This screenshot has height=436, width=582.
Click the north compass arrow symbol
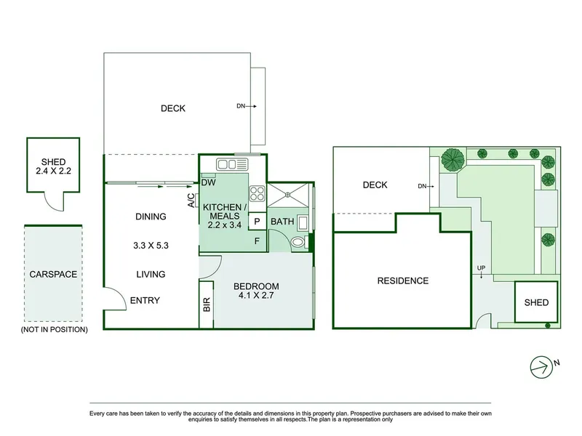tap(541, 367)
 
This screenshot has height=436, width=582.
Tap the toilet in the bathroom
tap(299, 243)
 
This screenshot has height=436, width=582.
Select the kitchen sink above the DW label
tap(232, 164)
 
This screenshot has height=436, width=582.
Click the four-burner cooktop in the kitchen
tap(257, 193)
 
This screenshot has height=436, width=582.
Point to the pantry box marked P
tap(257, 222)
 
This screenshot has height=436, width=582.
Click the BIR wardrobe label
tap(207, 304)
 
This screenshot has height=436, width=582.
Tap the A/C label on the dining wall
tap(191, 201)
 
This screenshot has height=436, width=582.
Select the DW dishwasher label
tap(208, 182)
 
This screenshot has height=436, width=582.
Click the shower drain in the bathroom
tap(287, 194)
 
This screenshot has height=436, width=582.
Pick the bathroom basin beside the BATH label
tap(303, 223)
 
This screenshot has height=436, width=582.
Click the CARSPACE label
tap(53, 275)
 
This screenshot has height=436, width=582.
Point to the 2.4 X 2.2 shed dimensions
tap(53, 171)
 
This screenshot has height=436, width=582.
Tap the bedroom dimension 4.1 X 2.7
tap(256, 296)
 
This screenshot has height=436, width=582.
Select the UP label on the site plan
tap(481, 267)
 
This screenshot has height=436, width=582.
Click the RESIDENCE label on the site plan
tap(403, 281)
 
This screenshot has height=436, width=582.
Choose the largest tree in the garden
tap(453, 160)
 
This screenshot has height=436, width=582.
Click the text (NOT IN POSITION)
tap(54, 330)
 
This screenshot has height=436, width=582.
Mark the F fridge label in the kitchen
tap(257, 241)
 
